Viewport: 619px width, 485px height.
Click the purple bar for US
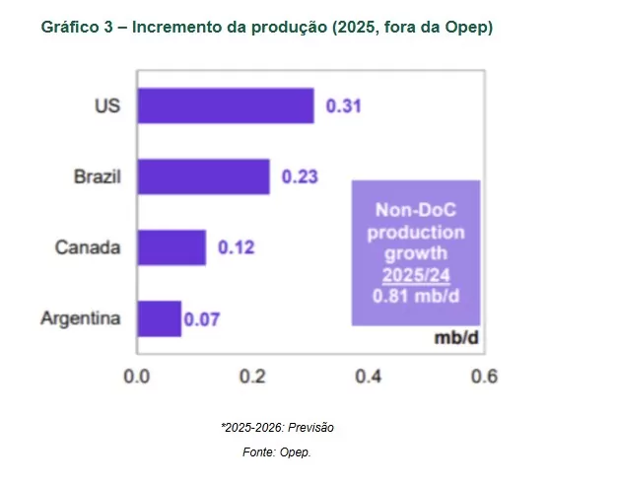click(x=225, y=105)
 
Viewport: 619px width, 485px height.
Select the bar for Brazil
click(x=203, y=176)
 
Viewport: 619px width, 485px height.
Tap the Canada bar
click(x=172, y=247)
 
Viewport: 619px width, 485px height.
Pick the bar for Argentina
click(x=159, y=318)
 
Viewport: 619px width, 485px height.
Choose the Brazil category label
click(x=97, y=177)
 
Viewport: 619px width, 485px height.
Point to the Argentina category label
click(x=81, y=319)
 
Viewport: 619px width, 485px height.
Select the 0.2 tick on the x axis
click(x=252, y=376)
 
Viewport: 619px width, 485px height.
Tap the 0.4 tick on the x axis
click(x=369, y=376)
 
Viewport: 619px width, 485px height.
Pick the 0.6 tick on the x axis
click(x=483, y=376)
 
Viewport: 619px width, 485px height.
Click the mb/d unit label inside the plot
click(x=456, y=338)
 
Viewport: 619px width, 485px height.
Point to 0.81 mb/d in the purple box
click(x=415, y=294)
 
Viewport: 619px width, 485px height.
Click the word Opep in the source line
click(x=294, y=451)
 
